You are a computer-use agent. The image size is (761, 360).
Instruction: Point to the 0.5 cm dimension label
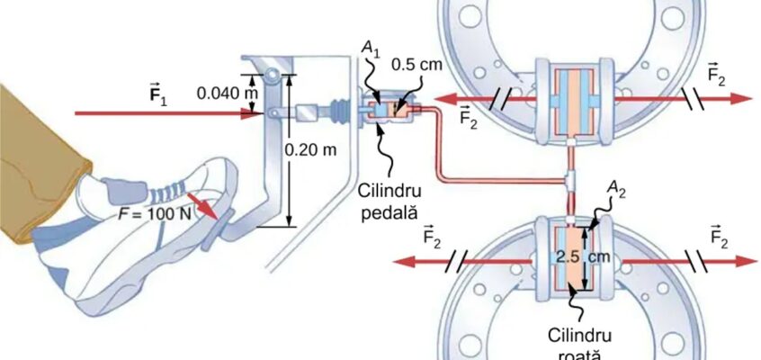pyautogui.click(x=416, y=65)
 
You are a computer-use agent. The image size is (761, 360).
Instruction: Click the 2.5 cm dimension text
pyautogui.click(x=583, y=257)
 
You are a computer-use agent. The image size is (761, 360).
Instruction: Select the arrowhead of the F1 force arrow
pyautogui.click(x=253, y=113)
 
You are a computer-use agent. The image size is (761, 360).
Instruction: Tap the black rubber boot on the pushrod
pyautogui.click(x=338, y=111)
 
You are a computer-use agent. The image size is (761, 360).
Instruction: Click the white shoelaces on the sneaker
pyautogui.click(x=167, y=192)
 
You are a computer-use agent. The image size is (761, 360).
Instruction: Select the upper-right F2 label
pyautogui.click(x=716, y=75)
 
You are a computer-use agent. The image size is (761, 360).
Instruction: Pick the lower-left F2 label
pyautogui.click(x=432, y=237)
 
